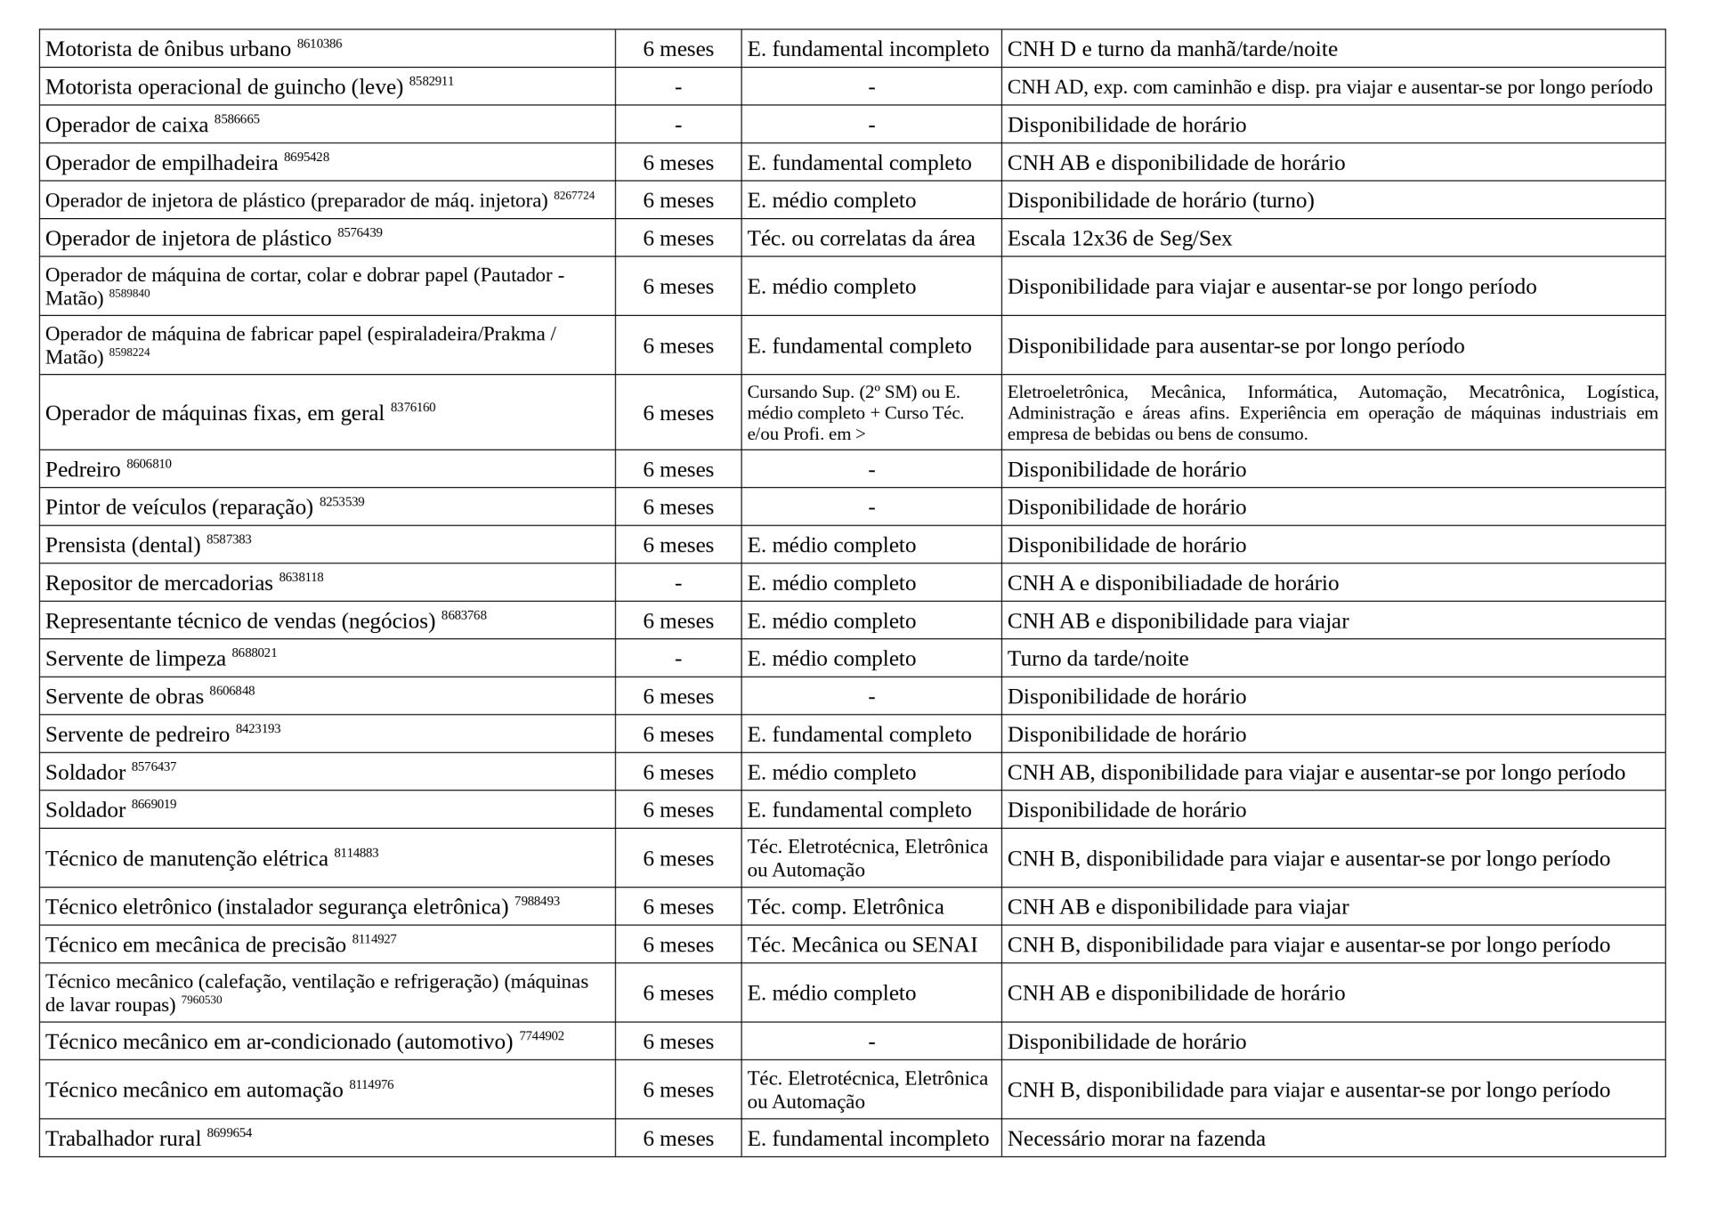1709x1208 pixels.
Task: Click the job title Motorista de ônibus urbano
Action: coord(168,50)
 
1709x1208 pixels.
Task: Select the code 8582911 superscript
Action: coord(431,81)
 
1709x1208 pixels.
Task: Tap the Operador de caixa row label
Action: coord(126,126)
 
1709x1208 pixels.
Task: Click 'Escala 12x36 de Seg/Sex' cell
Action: coord(1119,239)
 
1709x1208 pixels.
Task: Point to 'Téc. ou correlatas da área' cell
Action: coord(861,239)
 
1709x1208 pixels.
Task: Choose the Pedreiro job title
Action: coord(83,470)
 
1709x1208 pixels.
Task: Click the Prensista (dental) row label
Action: coord(123,546)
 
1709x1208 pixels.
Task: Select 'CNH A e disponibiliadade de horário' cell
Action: coord(1172,583)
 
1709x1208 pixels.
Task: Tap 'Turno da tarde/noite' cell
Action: coord(1097,659)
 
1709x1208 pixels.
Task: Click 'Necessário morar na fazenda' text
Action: coord(1136,1139)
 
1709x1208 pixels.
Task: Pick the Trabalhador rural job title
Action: coord(123,1139)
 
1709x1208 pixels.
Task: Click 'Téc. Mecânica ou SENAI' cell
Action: coord(862,945)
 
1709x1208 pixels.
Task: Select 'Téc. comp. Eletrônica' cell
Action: coord(845,907)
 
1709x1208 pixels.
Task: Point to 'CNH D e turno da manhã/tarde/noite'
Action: coord(1171,49)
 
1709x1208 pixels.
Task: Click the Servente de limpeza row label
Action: coord(135,660)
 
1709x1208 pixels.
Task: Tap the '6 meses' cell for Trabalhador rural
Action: coord(678,1139)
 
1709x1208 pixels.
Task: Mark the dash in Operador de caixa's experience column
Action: coord(678,126)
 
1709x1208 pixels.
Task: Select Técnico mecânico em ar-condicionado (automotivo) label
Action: coord(279,1042)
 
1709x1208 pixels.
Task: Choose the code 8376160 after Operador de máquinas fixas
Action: coord(413,408)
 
